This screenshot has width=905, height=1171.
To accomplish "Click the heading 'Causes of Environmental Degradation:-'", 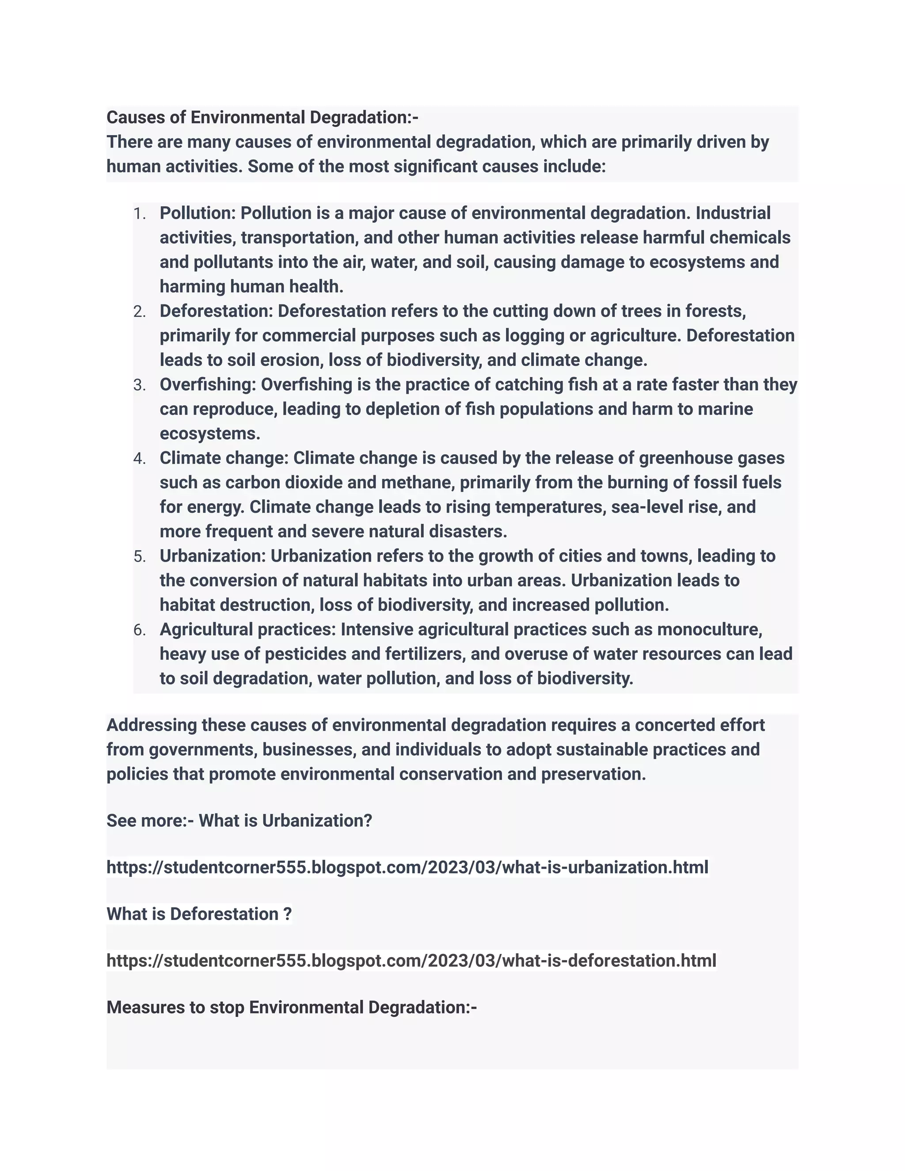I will pos(262,118).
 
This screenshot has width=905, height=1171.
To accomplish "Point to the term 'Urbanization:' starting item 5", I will pos(212,556).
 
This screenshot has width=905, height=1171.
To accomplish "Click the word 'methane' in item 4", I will pos(418,483).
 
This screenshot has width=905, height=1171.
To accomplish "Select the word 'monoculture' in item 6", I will pos(709,629).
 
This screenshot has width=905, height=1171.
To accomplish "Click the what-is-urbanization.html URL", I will pos(407,867).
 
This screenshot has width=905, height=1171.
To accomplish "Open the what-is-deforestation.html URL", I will pos(411,960).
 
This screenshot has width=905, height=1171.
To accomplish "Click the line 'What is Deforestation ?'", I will pos(199,914).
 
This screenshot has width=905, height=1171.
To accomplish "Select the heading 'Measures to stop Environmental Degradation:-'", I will pos(291,1008).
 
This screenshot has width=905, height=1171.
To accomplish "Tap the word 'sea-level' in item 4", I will pos(650,507).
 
